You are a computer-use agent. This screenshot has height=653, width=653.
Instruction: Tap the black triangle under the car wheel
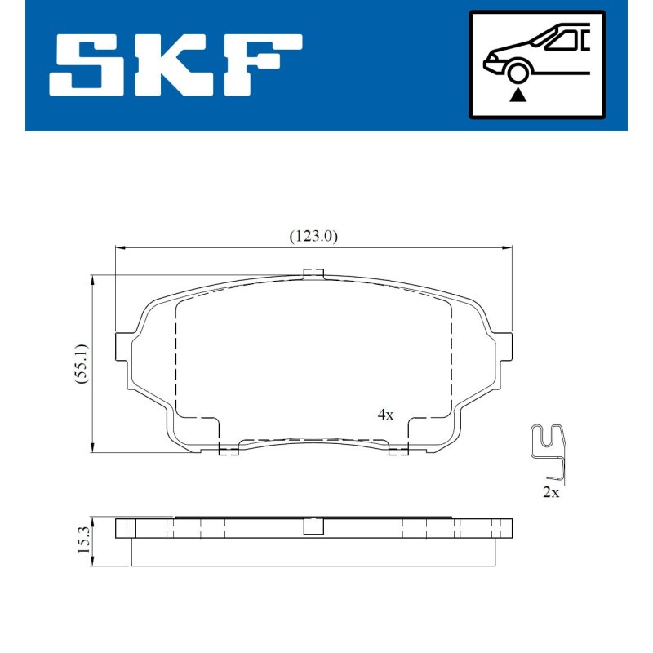coord(518,96)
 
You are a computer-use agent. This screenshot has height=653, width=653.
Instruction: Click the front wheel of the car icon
coord(518,73)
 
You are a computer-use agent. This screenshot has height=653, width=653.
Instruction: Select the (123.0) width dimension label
coord(313,237)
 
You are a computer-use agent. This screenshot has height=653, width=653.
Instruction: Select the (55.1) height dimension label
coord(82,363)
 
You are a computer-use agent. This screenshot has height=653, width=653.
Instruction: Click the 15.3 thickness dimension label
coord(82,540)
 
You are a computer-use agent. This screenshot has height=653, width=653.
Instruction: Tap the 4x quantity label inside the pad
coord(385,415)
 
